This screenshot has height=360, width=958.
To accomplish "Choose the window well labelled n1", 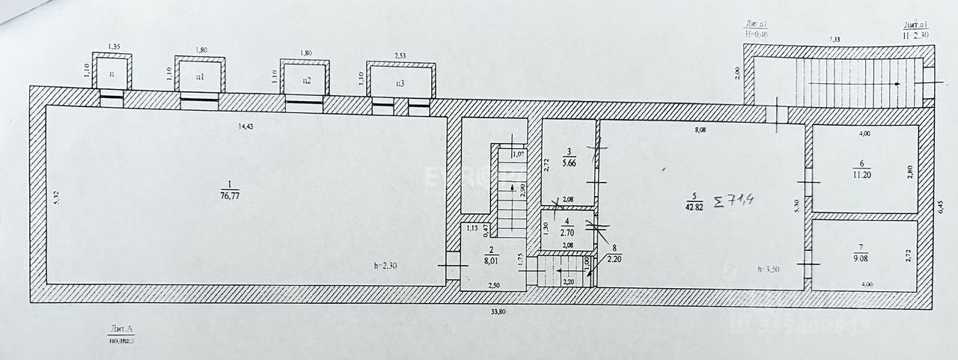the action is pos(200,77).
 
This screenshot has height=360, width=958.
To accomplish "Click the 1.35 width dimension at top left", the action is pos(115,47).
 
